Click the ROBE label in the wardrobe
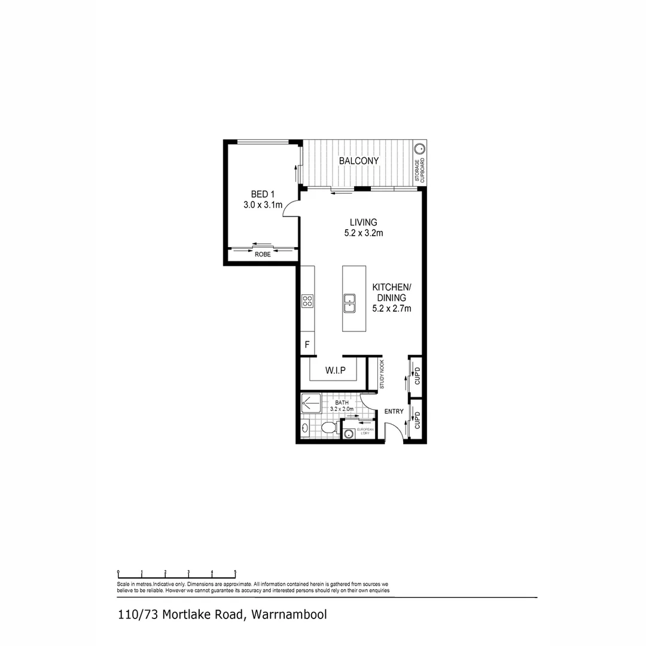tap(263, 254)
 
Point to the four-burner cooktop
tap(307, 301)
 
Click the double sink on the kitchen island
tap(351, 303)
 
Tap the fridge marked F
tap(307, 345)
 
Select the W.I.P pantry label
tap(336, 370)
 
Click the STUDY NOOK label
tap(382, 374)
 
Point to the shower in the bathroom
tap(311, 403)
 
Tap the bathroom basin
tap(305, 428)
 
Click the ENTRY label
tap(394, 411)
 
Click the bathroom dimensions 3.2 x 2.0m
tap(342, 409)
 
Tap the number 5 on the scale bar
tap(235, 572)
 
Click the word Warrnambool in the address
tap(289, 614)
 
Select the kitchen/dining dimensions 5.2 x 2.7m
tap(391, 309)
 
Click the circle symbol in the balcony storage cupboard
tap(420, 148)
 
